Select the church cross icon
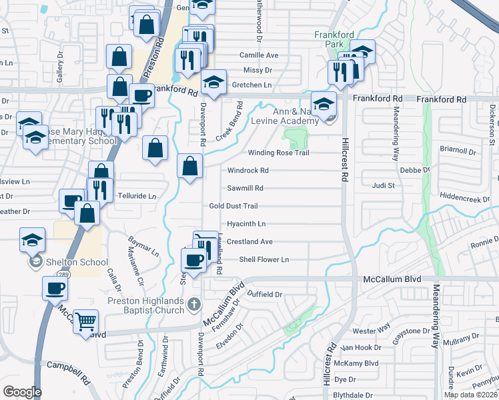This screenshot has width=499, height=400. pos(194,304)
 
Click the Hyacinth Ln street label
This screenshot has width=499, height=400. pos(246,224)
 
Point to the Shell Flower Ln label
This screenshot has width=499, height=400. pos(264,259)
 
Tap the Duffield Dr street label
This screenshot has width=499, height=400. pos(265,294)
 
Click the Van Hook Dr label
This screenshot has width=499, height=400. pos(360,347)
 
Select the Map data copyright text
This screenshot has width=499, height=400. pos(470,395)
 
